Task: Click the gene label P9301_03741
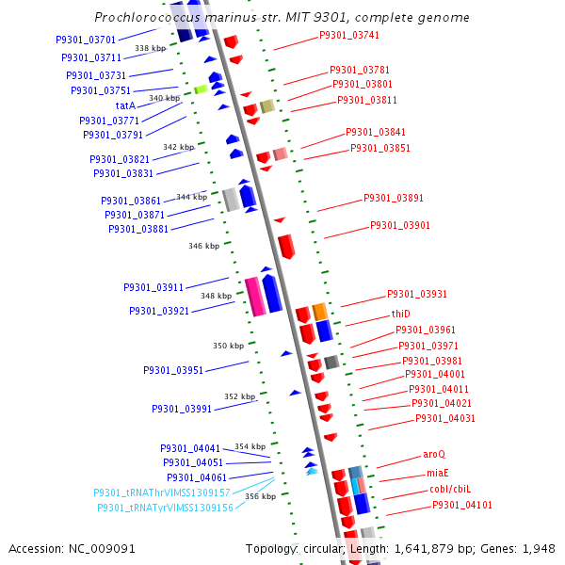click(x=349, y=35)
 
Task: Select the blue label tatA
click(x=126, y=105)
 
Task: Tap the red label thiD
click(x=402, y=314)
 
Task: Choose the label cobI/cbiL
click(x=450, y=490)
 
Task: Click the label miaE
click(x=438, y=473)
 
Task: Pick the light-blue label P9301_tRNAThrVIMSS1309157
click(x=162, y=492)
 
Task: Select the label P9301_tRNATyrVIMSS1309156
click(x=165, y=508)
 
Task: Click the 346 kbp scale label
click(x=203, y=246)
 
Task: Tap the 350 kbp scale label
click(x=228, y=346)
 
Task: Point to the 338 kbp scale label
click(x=150, y=48)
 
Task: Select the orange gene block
click(x=320, y=311)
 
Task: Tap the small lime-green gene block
click(x=201, y=89)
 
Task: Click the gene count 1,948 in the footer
click(x=539, y=548)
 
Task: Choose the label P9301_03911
click(x=153, y=287)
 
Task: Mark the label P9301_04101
click(x=462, y=506)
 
